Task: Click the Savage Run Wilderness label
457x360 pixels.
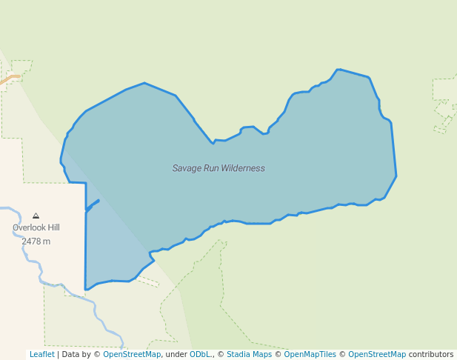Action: click(219, 168)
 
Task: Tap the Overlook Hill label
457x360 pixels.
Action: click(36, 228)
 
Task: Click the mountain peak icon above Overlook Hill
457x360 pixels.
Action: click(36, 216)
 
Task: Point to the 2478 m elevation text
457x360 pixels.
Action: click(36, 241)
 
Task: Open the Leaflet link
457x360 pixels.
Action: click(41, 354)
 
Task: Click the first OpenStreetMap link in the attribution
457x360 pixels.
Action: click(132, 354)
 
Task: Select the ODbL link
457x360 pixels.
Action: click(200, 354)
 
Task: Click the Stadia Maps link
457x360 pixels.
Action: click(249, 354)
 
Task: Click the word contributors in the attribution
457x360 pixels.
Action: click(431, 354)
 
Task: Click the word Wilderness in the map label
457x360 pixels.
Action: click(241, 168)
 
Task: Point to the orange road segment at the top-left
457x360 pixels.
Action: click(10, 78)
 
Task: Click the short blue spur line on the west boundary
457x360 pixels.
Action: click(93, 204)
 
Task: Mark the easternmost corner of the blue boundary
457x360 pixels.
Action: click(396, 176)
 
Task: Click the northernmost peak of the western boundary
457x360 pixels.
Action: click(144, 83)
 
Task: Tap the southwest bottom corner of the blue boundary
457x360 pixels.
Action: click(86, 289)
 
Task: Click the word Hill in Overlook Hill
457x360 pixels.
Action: click(51, 228)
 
